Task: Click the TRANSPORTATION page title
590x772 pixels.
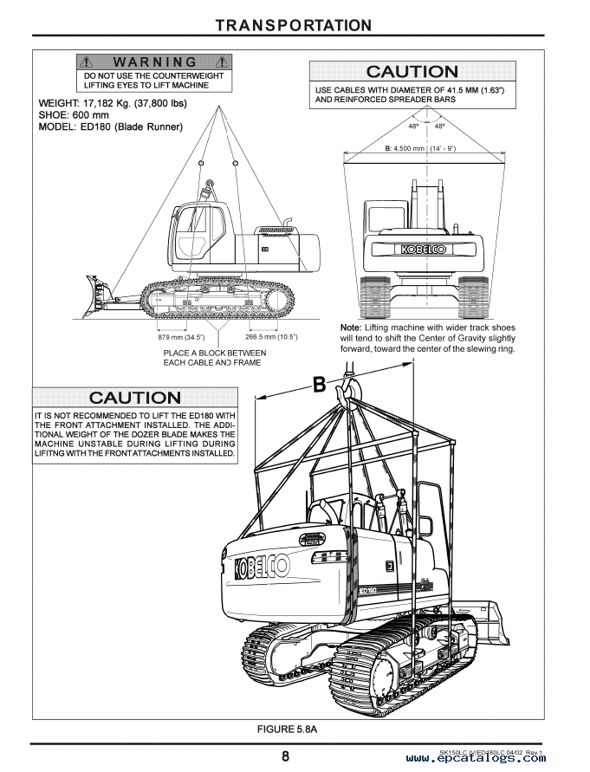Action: click(295, 25)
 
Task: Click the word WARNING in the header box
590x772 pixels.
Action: click(155, 62)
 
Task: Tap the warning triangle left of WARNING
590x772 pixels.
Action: click(86, 62)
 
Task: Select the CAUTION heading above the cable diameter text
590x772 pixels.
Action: click(412, 72)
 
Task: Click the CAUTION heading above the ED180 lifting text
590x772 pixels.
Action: click(136, 398)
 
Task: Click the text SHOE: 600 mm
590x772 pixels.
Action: click(74, 114)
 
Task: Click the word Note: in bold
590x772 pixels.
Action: click(353, 328)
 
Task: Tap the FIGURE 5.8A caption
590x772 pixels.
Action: click(295, 730)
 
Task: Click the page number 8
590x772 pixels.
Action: click(285, 756)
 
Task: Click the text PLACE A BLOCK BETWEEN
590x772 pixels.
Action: click(215, 353)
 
